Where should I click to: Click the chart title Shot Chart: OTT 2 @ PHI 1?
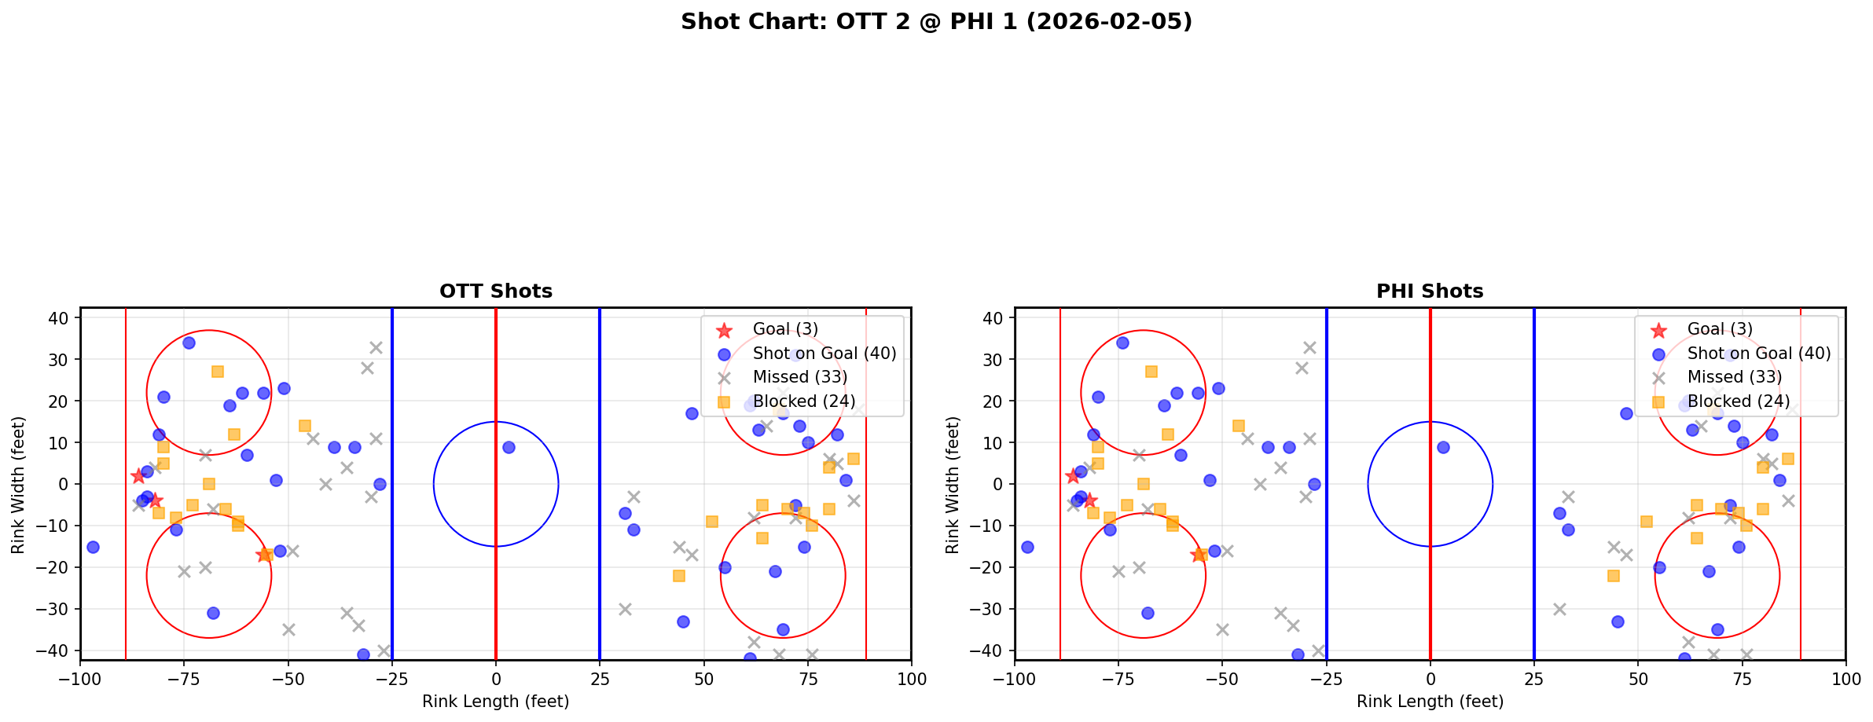tap(936, 22)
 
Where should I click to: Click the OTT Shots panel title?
tap(495, 291)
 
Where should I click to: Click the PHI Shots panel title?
tap(1430, 291)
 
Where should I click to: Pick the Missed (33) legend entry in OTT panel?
tap(799, 377)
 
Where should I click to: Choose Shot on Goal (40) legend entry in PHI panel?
tap(1758, 354)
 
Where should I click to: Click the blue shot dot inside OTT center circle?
tap(509, 447)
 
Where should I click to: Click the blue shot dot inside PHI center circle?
tap(1443, 447)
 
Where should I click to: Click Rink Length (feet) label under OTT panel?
tap(495, 702)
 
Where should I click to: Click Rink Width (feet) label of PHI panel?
tap(953, 485)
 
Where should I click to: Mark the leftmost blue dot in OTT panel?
tap(93, 547)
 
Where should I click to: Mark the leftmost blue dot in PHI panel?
tap(1027, 547)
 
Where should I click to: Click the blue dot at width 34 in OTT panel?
tap(189, 343)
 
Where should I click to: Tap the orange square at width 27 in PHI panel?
tap(1151, 372)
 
